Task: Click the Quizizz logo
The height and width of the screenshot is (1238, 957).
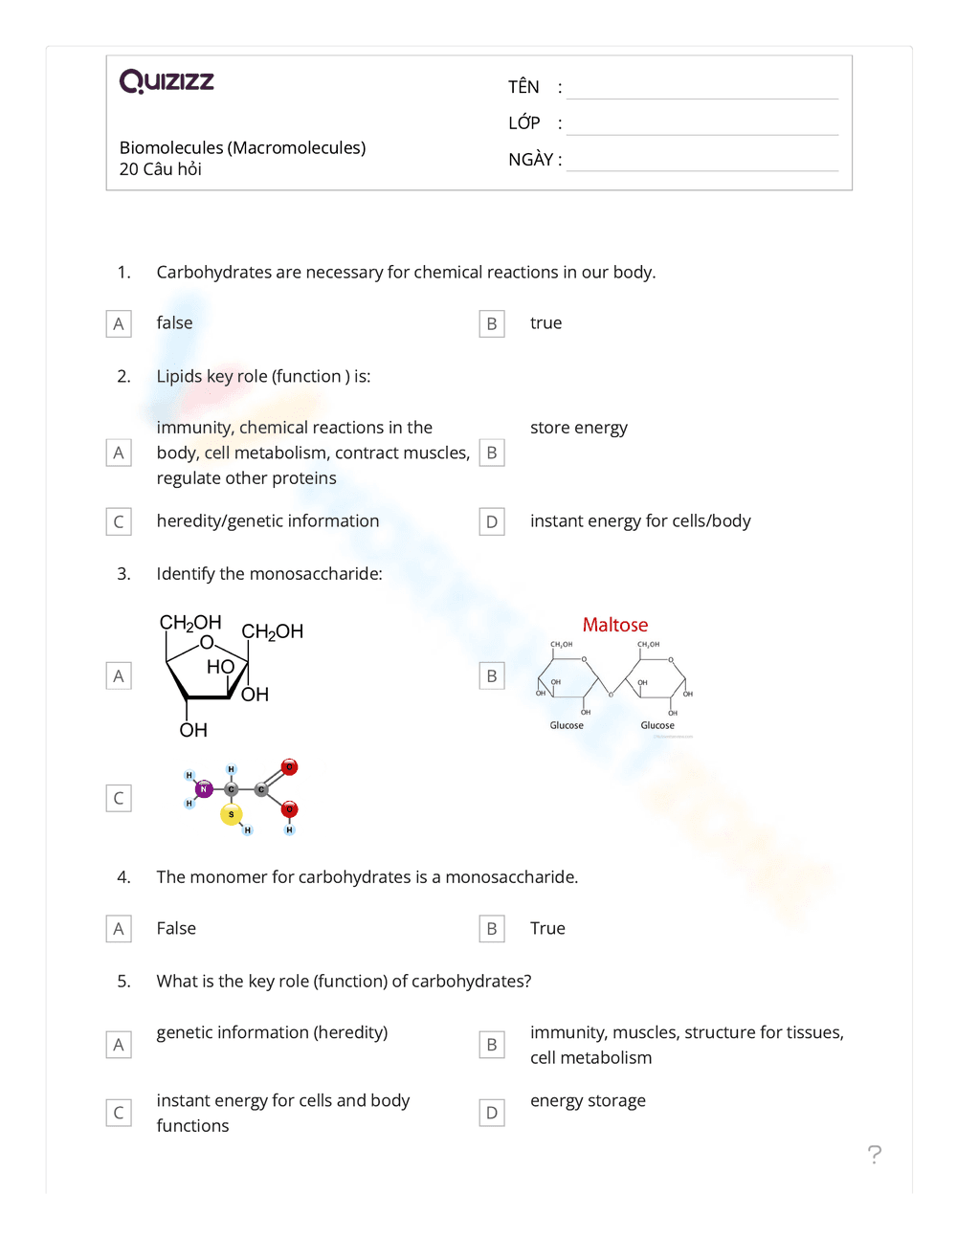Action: pyautogui.click(x=167, y=81)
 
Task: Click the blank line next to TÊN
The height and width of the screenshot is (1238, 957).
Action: pyautogui.click(x=701, y=89)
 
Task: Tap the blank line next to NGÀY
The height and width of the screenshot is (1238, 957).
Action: pyautogui.click(x=701, y=162)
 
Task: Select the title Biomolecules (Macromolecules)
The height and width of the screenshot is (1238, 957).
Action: pyautogui.click(x=242, y=147)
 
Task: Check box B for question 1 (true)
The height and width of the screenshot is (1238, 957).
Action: pyautogui.click(x=492, y=324)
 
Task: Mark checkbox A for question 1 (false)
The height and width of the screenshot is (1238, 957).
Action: pyautogui.click(x=119, y=324)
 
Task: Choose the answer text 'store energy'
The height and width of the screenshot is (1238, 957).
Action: pyautogui.click(x=578, y=428)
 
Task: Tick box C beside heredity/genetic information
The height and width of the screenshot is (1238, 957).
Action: pyautogui.click(x=119, y=522)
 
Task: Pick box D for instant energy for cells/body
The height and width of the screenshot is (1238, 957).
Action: pyautogui.click(x=492, y=522)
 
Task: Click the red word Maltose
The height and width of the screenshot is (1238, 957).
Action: pyautogui.click(x=614, y=625)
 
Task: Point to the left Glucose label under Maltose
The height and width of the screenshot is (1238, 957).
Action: pyautogui.click(x=567, y=725)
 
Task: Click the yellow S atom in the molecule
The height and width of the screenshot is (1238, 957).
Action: pyautogui.click(x=231, y=814)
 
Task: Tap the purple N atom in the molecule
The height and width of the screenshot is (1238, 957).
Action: pyautogui.click(x=203, y=789)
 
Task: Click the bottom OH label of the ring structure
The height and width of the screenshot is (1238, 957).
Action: pyautogui.click(x=193, y=730)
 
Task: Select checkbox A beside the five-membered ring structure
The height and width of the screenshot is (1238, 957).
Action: pyautogui.click(x=119, y=676)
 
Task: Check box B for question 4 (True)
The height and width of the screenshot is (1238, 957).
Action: pyautogui.click(x=492, y=929)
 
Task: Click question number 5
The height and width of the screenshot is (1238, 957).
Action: pyautogui.click(x=123, y=981)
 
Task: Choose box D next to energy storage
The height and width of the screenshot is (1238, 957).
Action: pyautogui.click(x=492, y=1113)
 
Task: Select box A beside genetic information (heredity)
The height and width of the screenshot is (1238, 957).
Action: pyautogui.click(x=119, y=1045)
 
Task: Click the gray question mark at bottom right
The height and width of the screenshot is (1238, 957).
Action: pyautogui.click(x=874, y=1155)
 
